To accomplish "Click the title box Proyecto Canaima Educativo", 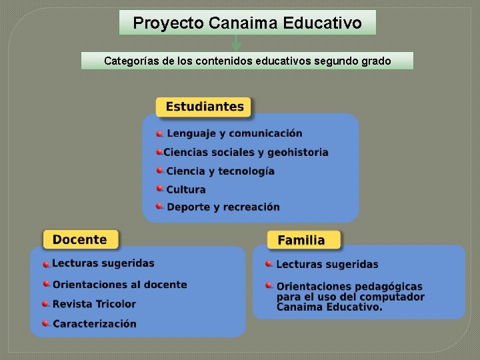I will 247,23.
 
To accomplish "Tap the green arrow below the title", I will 235,44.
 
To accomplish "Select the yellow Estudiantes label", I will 204,107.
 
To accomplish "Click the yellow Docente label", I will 80,239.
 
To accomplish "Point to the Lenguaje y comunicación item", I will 234,133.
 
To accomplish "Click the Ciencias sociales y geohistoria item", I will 246,152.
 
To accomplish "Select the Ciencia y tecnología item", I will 220,171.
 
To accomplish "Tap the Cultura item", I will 186,189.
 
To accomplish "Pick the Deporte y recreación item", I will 223,207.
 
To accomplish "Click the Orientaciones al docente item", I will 120,285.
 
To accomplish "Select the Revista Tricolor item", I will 94,304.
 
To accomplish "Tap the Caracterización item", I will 94,324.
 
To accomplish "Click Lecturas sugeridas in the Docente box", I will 103,263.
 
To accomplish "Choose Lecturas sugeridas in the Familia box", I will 327,265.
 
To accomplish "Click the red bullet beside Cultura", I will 160,189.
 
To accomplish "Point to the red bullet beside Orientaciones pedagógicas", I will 269,285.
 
